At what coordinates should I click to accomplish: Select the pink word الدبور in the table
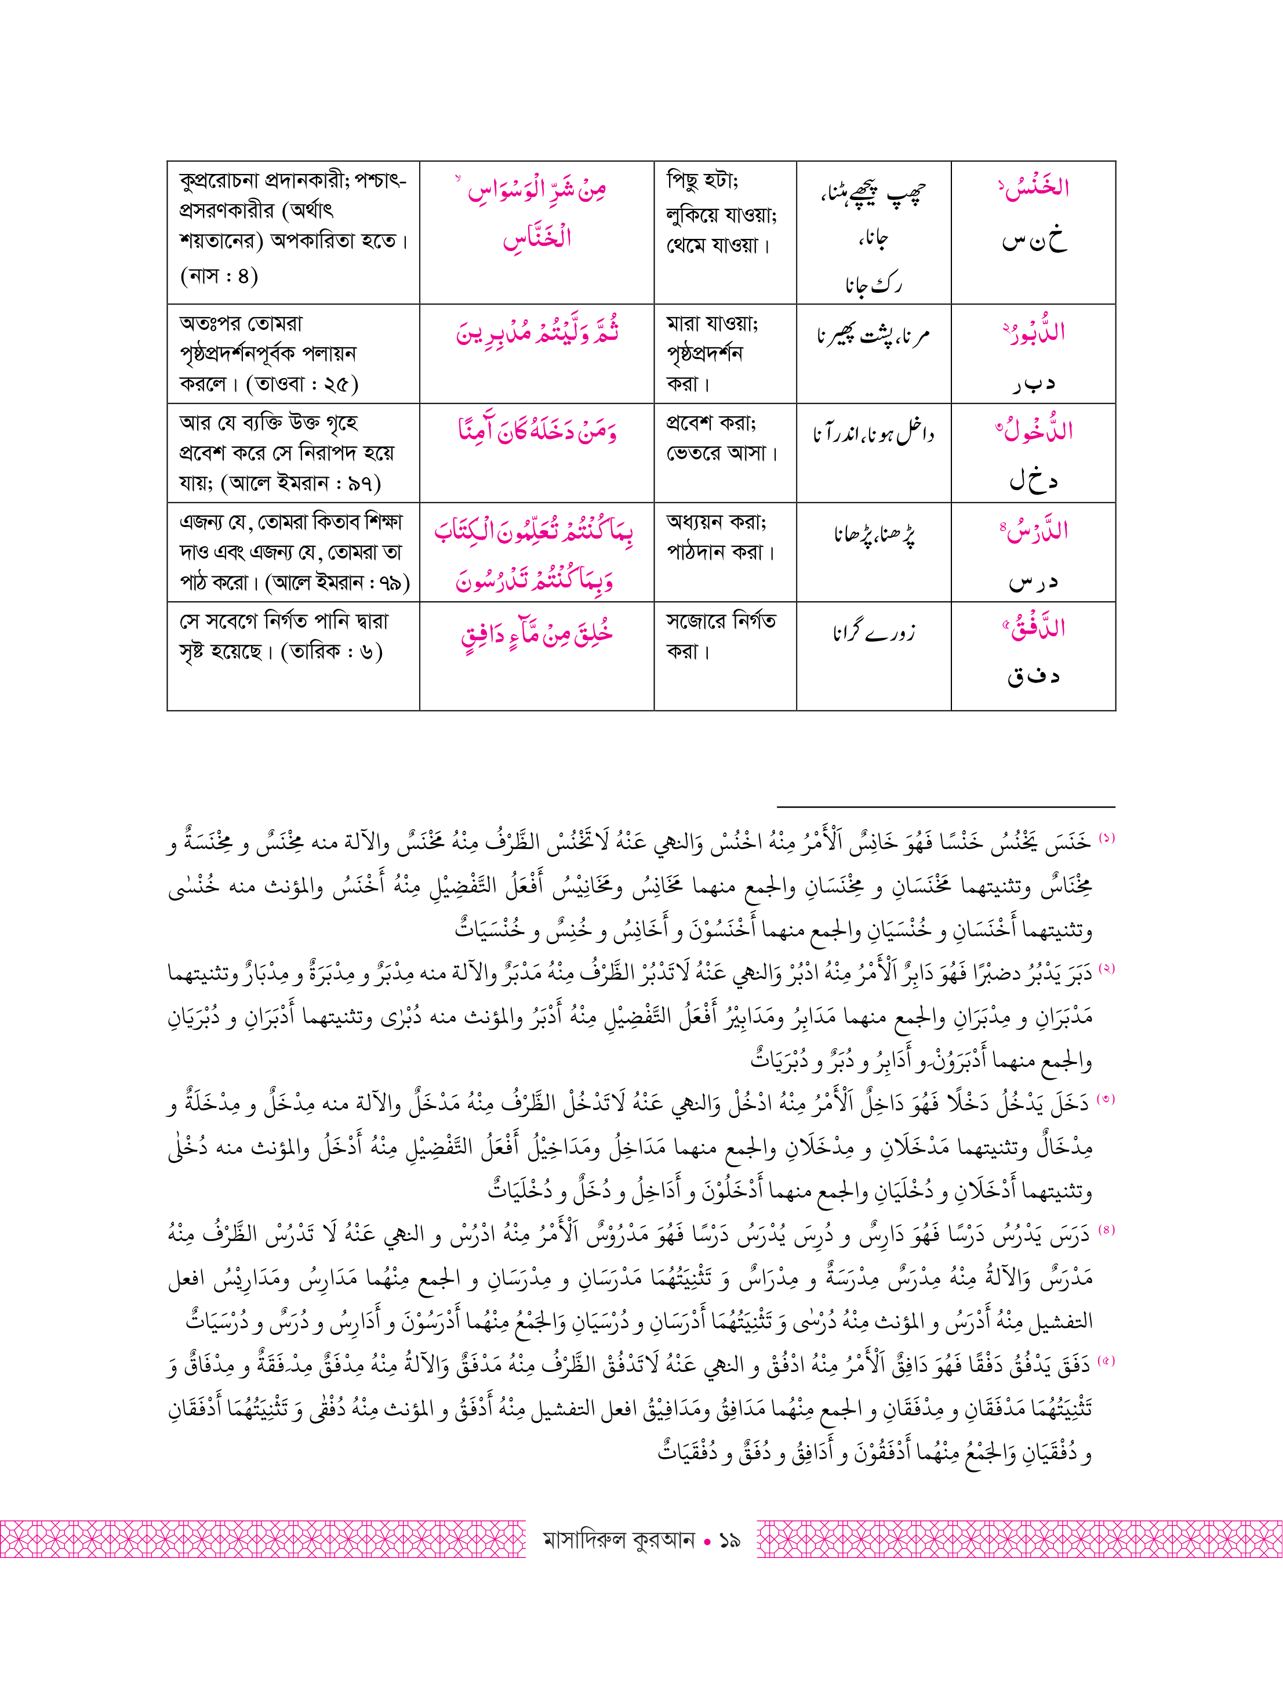(1035, 333)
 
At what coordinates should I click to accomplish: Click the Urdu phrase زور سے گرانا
(874, 633)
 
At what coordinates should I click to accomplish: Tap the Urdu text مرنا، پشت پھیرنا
(874, 336)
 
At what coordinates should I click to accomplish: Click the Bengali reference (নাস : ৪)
(219, 275)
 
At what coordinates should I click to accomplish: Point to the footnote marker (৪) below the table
(1106, 1229)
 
